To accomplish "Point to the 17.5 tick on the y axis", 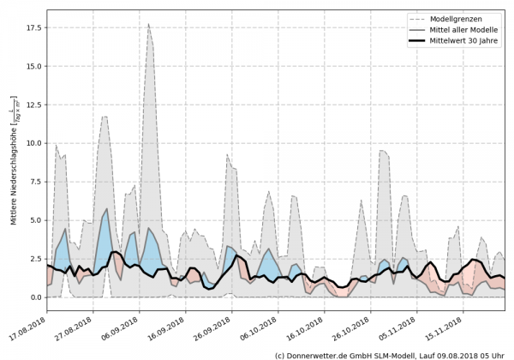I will pyautogui.click(x=33, y=27).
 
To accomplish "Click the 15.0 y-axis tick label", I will pyautogui.click(x=33, y=66).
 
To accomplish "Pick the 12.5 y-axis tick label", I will pyautogui.click(x=33, y=105).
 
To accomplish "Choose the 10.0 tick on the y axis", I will pyautogui.click(x=33, y=143).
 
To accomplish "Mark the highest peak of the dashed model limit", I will pyautogui.click(x=148, y=24).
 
